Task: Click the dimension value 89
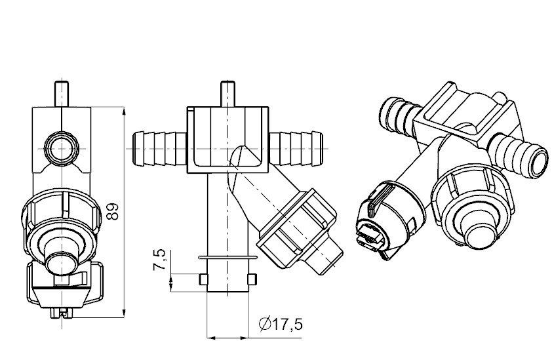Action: tap(113, 211)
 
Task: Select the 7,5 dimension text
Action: tap(159, 260)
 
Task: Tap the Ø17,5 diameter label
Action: tap(281, 325)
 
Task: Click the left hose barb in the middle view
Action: tap(160, 149)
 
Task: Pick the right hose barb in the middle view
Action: tap(296, 149)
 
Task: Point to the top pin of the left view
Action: tap(62, 94)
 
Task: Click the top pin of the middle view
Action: tap(227, 94)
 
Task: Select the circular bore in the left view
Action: tap(62, 149)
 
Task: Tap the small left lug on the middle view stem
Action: tap(203, 279)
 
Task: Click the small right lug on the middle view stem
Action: tap(252, 279)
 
